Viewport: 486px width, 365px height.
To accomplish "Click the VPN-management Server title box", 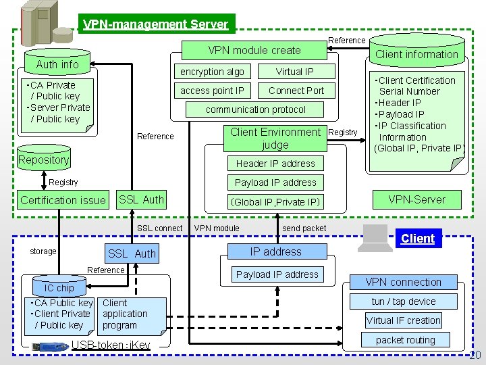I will coord(156,24).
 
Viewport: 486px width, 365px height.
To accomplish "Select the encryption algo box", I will coord(212,72).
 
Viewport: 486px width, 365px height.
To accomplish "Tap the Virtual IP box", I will coord(295,72).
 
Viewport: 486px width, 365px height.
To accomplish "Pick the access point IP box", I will coord(212,91).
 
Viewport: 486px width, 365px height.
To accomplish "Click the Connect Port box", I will coord(296,91).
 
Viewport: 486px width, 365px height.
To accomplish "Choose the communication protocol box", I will coord(256,109).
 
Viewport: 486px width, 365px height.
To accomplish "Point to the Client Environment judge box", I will coord(275,138).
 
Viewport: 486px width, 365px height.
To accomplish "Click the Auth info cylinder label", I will coord(57,64).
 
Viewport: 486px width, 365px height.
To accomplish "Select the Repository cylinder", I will coord(44,159).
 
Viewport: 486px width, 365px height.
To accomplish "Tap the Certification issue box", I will coord(63,199).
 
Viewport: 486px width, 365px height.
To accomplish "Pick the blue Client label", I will coord(418,239).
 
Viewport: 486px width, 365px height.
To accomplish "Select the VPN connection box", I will coord(403,282).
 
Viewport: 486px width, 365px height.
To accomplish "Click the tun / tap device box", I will coord(404,301).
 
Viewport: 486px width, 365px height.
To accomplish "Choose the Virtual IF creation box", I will coord(404,320).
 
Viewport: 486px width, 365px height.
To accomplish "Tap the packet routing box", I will coord(405,340).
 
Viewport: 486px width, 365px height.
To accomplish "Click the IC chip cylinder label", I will coord(59,288).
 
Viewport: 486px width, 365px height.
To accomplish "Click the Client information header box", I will coord(416,54).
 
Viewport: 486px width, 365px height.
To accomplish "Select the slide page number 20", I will coord(475,356).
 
